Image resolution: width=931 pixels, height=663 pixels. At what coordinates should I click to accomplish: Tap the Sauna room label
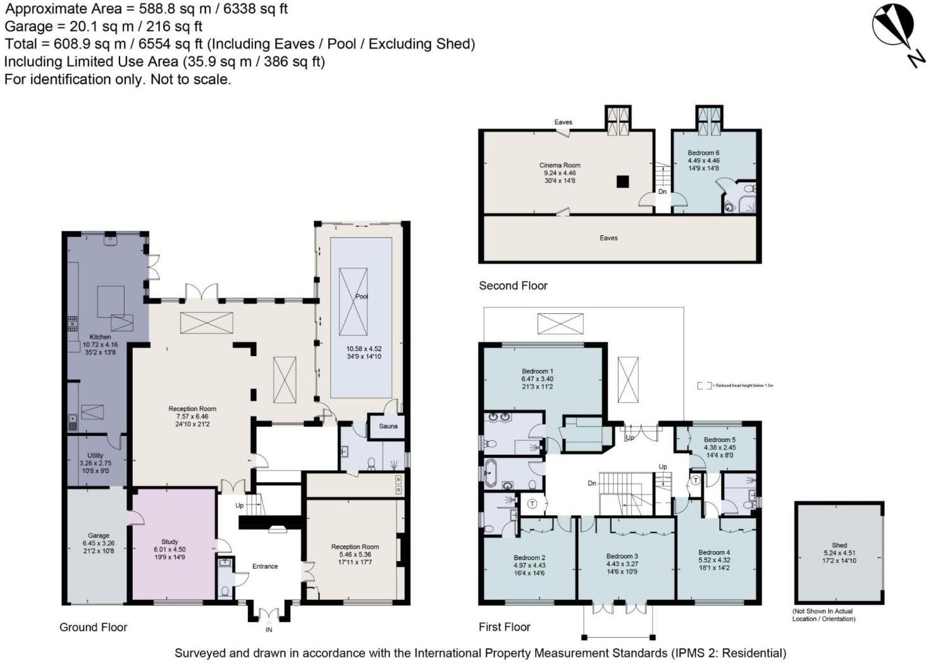click(x=388, y=426)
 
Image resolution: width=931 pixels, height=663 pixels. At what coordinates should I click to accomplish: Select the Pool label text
click(x=362, y=296)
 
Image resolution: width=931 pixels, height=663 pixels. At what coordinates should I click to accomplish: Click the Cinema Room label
click(x=560, y=165)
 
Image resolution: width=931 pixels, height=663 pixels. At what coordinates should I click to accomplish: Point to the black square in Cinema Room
click(x=623, y=182)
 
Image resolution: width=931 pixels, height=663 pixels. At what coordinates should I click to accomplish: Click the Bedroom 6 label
click(x=703, y=152)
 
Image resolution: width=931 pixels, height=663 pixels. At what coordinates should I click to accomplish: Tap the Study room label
click(x=170, y=542)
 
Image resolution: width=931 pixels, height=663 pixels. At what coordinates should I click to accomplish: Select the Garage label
click(x=99, y=535)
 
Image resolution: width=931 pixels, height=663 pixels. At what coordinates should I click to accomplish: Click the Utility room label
click(x=95, y=455)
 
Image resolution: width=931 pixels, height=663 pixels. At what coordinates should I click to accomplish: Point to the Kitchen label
click(x=100, y=337)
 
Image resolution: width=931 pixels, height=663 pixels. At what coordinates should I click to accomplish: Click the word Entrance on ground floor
click(x=265, y=566)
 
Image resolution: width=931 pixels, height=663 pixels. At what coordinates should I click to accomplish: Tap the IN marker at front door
click(x=269, y=629)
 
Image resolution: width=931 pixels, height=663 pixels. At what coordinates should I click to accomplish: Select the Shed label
click(x=839, y=545)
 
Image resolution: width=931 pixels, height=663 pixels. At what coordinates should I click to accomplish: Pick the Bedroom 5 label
click(x=720, y=440)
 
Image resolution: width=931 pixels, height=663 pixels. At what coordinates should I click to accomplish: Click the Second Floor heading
click(x=513, y=285)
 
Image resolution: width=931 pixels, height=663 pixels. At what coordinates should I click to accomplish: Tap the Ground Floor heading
click(x=93, y=627)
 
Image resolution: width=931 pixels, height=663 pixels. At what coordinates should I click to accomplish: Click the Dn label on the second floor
click(x=662, y=191)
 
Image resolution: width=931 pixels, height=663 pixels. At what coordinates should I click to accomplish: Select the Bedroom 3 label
click(x=622, y=556)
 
